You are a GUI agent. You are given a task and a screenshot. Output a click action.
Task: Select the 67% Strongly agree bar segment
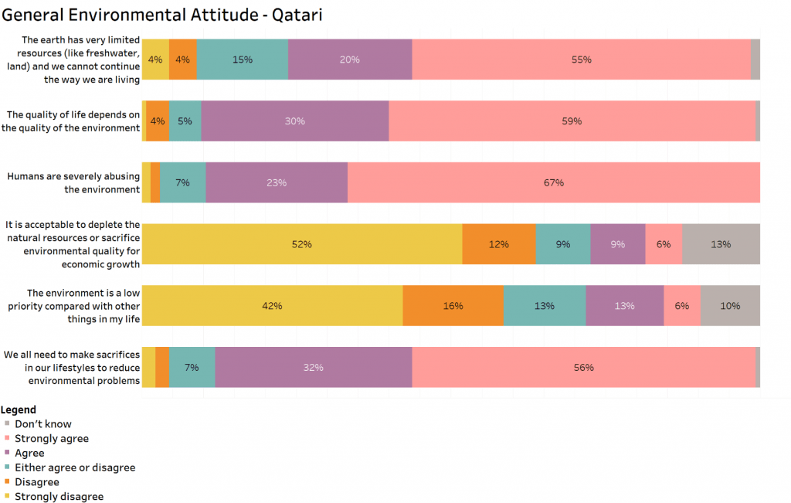coord(553,183)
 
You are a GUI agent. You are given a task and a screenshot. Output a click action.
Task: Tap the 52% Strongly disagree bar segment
coord(301,244)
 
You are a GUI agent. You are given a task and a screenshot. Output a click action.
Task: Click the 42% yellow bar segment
coord(272,306)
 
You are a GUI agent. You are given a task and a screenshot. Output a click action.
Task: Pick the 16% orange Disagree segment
coord(453,306)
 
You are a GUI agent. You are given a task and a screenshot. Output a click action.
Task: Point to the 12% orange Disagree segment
coord(498,244)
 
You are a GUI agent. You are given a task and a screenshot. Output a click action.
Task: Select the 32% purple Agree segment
coord(313,368)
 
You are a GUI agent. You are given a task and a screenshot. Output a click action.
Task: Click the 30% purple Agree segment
coord(294,121)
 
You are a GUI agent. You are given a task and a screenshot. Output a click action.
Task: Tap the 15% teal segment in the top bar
coord(242,59)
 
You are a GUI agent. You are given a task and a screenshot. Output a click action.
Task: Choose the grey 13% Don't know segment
coord(721,244)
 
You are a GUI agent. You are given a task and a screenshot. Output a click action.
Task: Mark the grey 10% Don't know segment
coord(730,306)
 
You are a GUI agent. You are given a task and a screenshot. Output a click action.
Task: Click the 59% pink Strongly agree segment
coord(572,121)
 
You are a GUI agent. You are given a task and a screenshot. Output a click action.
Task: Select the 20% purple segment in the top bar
coord(350,59)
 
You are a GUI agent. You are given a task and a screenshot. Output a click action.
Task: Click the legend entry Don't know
coord(42,424)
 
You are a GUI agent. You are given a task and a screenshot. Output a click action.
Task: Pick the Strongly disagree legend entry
coord(59,497)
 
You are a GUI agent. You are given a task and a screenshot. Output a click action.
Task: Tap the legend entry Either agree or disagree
coord(74,467)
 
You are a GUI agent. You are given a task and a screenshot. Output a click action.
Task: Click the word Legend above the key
coord(19,410)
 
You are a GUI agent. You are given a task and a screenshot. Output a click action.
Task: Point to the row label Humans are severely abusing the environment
coord(73,182)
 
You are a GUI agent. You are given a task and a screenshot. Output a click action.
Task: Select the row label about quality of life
coord(71,121)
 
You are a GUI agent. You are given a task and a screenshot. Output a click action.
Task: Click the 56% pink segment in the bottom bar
coord(583,368)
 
